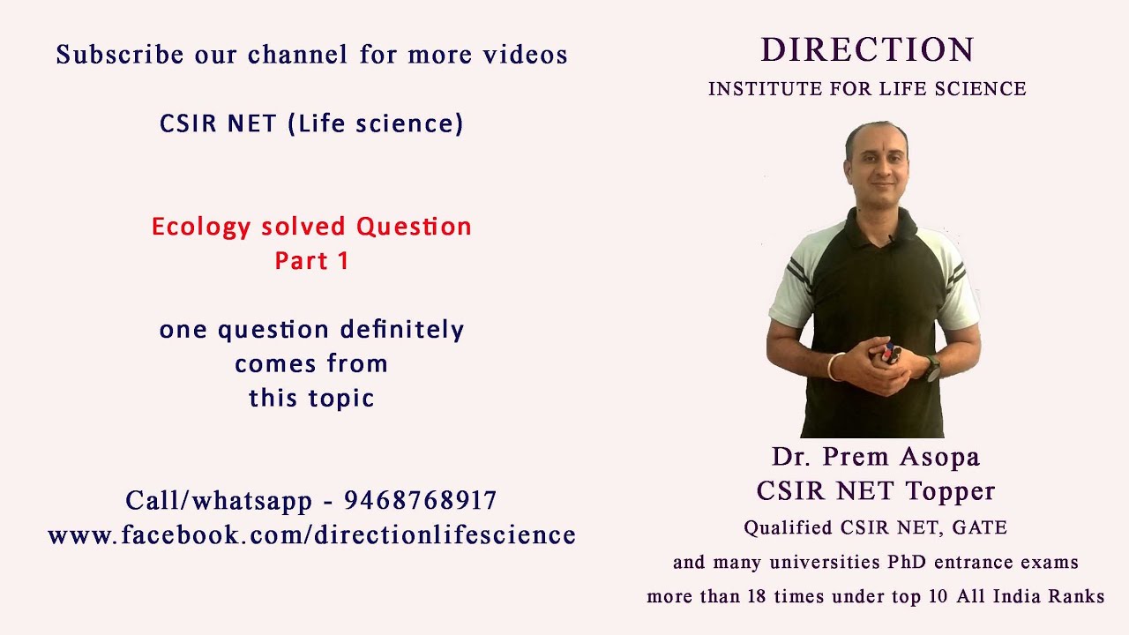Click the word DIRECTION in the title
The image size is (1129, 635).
click(867, 50)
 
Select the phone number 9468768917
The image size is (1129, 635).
click(421, 501)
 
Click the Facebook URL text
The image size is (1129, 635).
click(311, 534)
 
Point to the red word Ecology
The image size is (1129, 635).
click(201, 227)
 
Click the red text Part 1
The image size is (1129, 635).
click(311, 261)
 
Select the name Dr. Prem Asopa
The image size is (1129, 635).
click(876, 457)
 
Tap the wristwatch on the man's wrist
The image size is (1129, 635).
click(931, 368)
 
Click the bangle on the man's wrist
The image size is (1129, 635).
click(832, 365)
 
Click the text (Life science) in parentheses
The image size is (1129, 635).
click(376, 123)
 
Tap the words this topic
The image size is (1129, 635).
click(311, 398)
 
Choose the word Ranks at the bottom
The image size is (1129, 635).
click(1076, 597)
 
